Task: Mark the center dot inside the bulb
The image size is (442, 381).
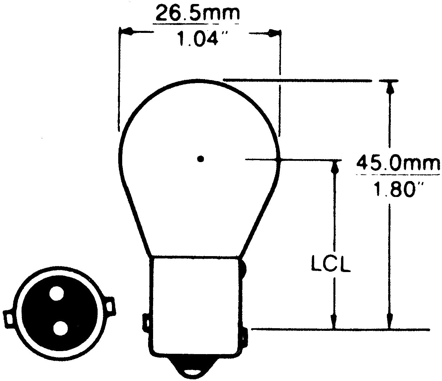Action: click(x=200, y=159)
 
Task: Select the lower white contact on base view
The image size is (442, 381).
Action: click(x=60, y=328)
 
